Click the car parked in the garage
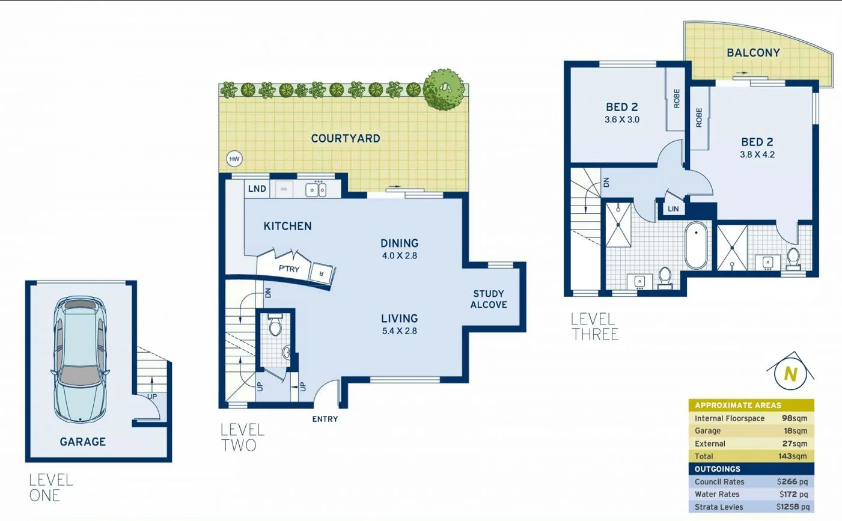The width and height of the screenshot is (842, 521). tap(81, 359)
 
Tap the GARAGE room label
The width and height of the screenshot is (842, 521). tap(83, 442)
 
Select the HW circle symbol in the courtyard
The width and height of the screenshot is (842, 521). tap(234, 159)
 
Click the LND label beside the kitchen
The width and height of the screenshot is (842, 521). tap(257, 189)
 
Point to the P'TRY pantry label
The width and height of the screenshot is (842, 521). tap(289, 269)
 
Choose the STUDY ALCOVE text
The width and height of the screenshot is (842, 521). tap(489, 299)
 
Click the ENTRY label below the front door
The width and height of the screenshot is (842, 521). tap(325, 419)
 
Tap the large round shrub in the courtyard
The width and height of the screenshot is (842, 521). tap(444, 90)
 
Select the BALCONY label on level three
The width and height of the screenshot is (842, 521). tap(753, 53)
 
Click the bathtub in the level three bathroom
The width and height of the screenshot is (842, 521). tap(697, 245)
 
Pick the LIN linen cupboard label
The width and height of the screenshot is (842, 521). tap(673, 209)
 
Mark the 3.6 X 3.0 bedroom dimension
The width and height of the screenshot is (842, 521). tap(622, 120)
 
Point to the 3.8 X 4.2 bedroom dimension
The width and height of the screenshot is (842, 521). tap(757, 154)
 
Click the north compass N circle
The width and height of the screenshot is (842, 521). tap(790, 374)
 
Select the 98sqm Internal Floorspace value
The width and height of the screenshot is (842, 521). tap(794, 418)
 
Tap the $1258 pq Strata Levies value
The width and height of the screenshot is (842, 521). tap(793, 507)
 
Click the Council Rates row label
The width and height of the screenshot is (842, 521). tap(719, 481)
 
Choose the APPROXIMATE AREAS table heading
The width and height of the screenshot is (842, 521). tap(738, 405)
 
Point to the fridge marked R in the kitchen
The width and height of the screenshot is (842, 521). tap(320, 273)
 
